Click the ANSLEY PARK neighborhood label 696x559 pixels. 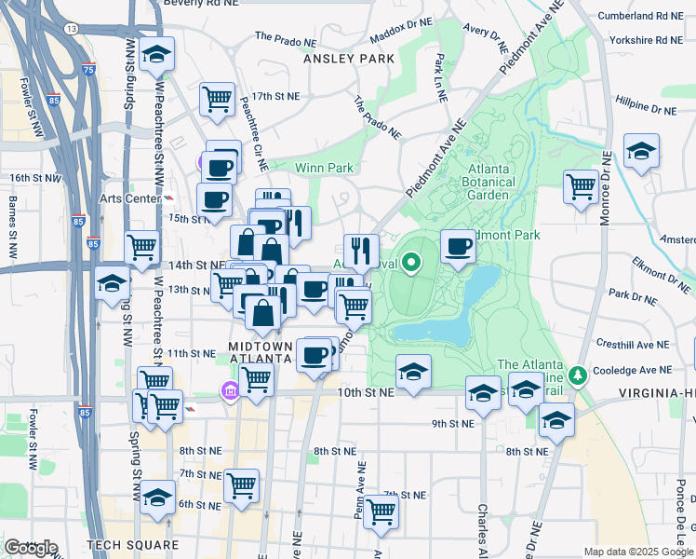349,58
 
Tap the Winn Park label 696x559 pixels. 324,168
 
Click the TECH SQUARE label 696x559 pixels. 131,544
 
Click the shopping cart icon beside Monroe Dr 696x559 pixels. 582,185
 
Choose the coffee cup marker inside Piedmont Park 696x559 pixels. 458,246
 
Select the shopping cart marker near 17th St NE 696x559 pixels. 217,97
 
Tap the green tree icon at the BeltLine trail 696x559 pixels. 579,375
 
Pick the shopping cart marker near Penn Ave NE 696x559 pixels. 381,511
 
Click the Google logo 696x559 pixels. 31,548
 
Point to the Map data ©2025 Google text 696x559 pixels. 638,552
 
